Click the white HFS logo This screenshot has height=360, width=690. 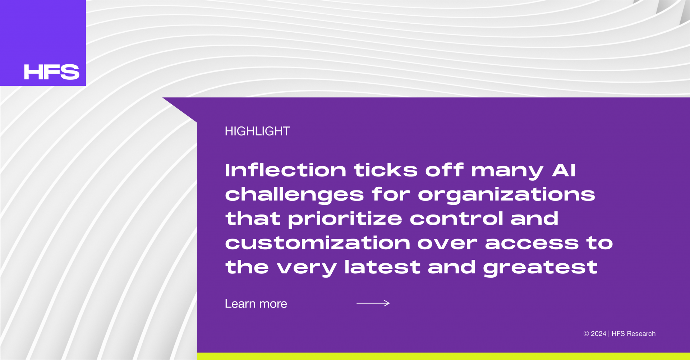(x=51, y=72)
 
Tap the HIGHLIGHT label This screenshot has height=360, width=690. (x=257, y=131)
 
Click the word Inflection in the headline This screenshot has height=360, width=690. (x=286, y=170)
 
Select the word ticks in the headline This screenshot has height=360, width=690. (x=386, y=170)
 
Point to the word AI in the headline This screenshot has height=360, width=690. (x=564, y=170)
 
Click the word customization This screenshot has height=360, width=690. (x=318, y=243)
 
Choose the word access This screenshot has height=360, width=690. (x=532, y=244)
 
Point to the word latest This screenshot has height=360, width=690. (x=382, y=267)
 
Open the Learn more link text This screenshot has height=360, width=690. (x=256, y=304)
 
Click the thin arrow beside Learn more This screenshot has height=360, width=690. (x=373, y=303)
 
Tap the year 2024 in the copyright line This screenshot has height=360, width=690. (x=598, y=334)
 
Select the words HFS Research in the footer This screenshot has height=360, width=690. (x=634, y=334)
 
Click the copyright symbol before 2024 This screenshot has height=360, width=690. (x=586, y=334)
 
